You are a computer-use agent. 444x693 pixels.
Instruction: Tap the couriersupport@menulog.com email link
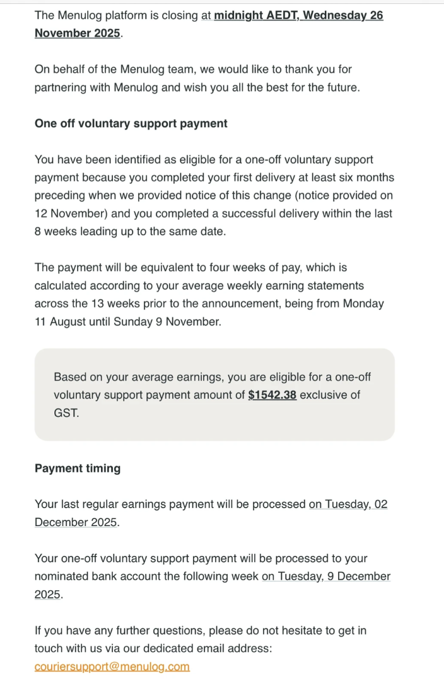click(x=112, y=667)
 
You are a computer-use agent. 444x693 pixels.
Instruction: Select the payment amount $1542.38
click(x=272, y=396)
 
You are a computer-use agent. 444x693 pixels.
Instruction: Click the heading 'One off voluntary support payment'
click(x=131, y=123)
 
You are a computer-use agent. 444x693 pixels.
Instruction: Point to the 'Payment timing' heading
click(x=78, y=468)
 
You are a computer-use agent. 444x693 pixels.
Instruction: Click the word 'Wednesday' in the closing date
click(x=334, y=15)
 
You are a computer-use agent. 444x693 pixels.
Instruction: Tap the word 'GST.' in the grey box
click(x=67, y=414)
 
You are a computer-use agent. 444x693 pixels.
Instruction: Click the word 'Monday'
click(x=363, y=304)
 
